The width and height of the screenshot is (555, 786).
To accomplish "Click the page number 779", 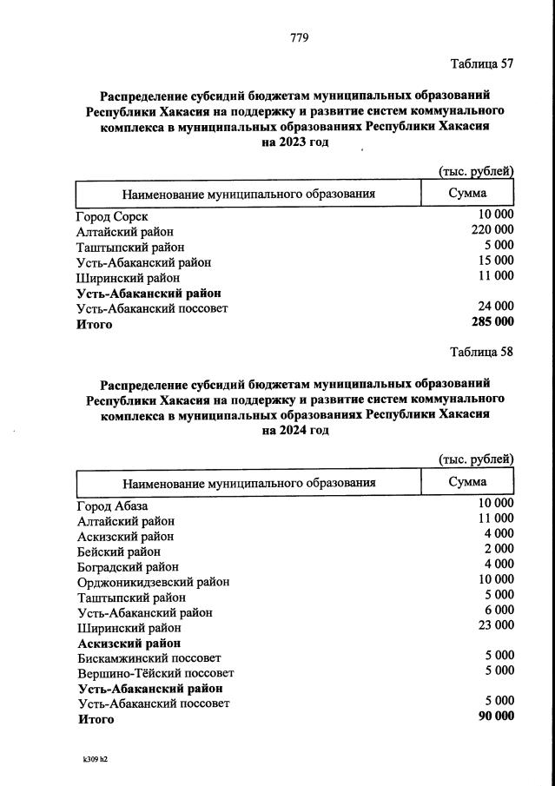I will tap(299, 36).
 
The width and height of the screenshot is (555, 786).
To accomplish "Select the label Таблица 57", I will tap(482, 64).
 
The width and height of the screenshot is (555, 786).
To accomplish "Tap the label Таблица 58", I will tap(482, 352).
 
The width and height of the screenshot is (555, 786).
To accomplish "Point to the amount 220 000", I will tap(492, 230).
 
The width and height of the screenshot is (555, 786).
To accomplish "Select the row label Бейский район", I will tap(119, 552).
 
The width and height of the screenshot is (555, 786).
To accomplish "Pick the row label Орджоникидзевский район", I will tap(154, 582).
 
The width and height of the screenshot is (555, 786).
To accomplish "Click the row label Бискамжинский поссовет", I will tap(149, 658).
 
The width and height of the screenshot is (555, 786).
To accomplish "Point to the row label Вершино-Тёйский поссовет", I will tap(155, 673).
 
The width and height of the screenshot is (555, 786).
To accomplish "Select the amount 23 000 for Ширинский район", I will tap(496, 625).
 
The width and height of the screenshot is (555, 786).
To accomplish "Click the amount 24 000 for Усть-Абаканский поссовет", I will tap(496, 307).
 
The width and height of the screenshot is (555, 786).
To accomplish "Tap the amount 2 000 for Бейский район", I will tap(499, 550).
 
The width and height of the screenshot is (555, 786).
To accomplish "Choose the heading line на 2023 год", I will tap(295, 142).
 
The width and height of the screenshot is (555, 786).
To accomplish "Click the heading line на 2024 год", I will tap(295, 431).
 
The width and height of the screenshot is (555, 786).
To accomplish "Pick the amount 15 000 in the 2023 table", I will tap(496, 261).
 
